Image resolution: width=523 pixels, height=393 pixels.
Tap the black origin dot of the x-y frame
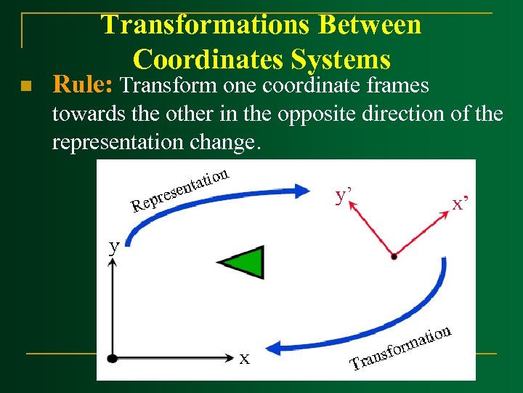pyautogui.click(x=112, y=357)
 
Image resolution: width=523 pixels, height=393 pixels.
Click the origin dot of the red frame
pyautogui.click(x=393, y=256)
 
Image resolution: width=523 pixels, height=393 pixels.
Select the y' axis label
pyautogui.click(x=344, y=196)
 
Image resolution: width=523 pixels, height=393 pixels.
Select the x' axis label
pyautogui.click(x=460, y=204)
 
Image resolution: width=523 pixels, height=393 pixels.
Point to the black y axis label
pyautogui.click(x=114, y=245)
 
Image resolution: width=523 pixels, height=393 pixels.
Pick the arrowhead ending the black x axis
pyautogui.click(x=232, y=357)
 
